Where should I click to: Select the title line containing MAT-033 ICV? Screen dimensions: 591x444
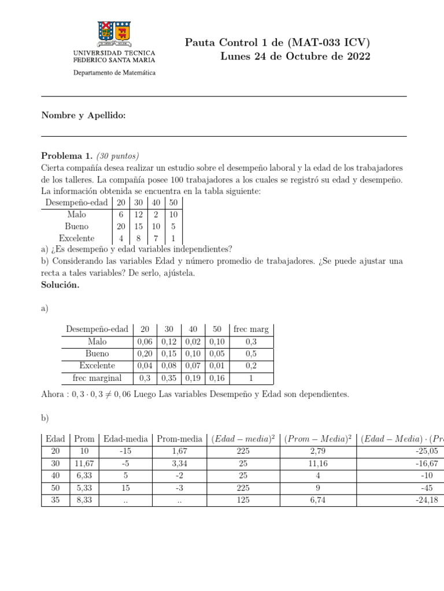tap(277, 42)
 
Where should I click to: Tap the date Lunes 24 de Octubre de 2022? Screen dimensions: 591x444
tap(295, 57)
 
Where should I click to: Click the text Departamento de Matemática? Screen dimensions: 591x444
tap(114, 73)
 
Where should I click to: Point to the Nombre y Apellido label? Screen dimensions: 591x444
tap(83, 115)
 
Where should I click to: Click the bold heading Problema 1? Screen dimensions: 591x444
tap(66, 156)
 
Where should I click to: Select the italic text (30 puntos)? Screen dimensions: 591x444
tap(118, 156)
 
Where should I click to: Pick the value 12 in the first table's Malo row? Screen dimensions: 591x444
tap(138, 214)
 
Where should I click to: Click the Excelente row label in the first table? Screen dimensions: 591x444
tap(77, 238)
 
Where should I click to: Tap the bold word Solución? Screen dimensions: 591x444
tap(60, 285)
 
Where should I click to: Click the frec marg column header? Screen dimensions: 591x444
tap(251, 329)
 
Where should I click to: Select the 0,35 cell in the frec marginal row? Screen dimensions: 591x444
tap(169, 378)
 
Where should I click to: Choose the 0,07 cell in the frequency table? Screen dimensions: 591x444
tap(193, 366)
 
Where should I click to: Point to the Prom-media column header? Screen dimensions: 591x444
tap(179, 439)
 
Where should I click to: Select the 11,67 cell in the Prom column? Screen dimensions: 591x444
tap(84, 463)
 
